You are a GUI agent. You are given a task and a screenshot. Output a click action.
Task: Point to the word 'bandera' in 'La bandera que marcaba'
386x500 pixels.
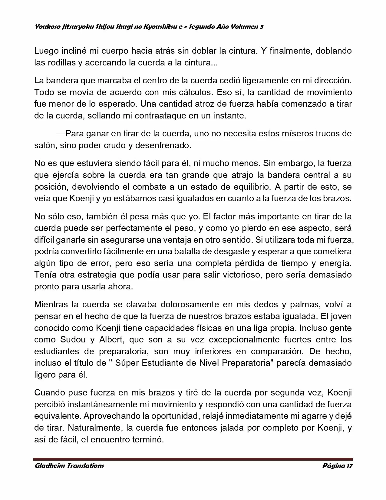click(x=61, y=81)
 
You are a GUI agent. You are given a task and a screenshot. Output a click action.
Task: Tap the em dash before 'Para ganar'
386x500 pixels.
click(x=61, y=134)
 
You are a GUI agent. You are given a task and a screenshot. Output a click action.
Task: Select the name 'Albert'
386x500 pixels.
click(x=111, y=339)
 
